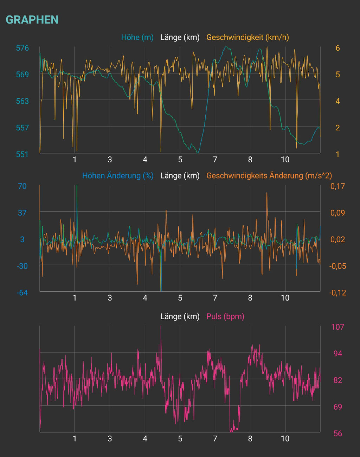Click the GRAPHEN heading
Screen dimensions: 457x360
(x=32, y=20)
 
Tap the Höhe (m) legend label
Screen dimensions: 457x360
(x=137, y=37)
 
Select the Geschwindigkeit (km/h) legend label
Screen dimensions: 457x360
(x=247, y=37)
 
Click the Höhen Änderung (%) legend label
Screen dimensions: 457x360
(x=118, y=175)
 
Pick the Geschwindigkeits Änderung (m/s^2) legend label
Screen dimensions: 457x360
(x=269, y=175)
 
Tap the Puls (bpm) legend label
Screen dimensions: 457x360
(x=225, y=316)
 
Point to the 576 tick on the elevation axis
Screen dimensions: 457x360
(x=22, y=48)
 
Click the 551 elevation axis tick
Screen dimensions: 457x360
(x=22, y=154)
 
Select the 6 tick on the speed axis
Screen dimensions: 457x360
(x=337, y=48)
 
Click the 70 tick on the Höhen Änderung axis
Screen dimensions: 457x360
(x=22, y=186)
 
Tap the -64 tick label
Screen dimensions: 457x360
(x=22, y=292)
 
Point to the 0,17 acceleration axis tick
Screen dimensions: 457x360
(x=337, y=186)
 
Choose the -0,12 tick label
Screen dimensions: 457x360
(x=337, y=292)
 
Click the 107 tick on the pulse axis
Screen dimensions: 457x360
(x=337, y=327)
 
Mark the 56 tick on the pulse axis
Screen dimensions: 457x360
(x=337, y=433)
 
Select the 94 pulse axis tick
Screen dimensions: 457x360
(x=337, y=354)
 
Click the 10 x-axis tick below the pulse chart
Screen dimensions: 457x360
(x=285, y=439)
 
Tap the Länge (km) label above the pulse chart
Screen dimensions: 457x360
(x=180, y=316)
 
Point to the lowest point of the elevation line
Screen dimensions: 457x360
(x=198, y=153)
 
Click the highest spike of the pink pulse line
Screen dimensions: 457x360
(x=161, y=326)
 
